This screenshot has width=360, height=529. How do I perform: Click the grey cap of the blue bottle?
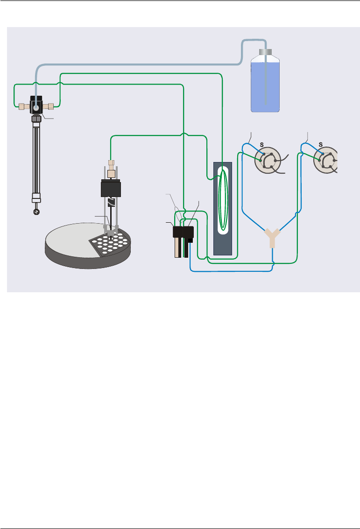(x=266, y=52)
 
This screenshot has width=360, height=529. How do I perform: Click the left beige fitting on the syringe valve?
(x=21, y=106)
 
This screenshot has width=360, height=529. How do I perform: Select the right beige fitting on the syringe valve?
(x=50, y=106)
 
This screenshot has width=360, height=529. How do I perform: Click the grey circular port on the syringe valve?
(x=36, y=106)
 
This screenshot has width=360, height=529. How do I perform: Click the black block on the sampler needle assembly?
(x=111, y=188)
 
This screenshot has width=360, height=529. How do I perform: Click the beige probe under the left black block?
(x=177, y=248)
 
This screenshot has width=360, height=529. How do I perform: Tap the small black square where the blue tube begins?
(x=191, y=241)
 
